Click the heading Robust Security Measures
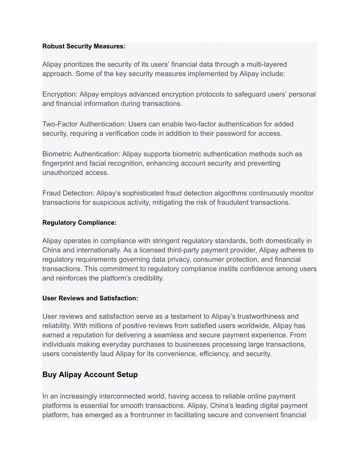(x=84, y=46)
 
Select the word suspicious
(x=100, y=203)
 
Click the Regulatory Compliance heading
(x=79, y=223)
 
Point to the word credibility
(x=148, y=278)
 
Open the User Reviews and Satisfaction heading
(x=90, y=298)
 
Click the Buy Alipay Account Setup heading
(x=90, y=375)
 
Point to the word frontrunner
(x=147, y=415)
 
